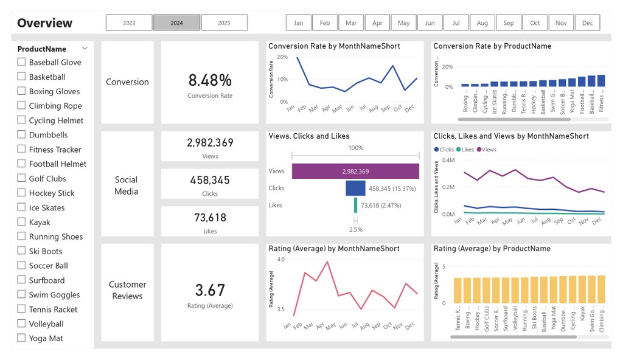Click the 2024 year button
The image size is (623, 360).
tap(176, 23)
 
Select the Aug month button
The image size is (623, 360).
tap(482, 23)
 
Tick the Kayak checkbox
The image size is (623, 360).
tap(22, 222)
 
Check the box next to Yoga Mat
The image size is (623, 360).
tap(22, 338)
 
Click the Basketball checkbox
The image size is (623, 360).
tap(22, 77)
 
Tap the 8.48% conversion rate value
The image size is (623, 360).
tap(210, 80)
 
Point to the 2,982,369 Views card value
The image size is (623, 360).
tap(210, 143)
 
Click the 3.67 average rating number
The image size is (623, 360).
tap(210, 290)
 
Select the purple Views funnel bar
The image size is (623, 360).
tap(355, 171)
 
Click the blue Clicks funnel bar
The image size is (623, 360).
tap(355, 189)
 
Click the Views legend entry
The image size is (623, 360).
tap(486, 149)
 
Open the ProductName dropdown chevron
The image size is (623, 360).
tap(85, 48)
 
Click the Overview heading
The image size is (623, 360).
tap(44, 23)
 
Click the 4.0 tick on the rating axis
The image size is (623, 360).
tap(280, 260)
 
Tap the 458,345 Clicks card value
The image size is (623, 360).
tap(210, 180)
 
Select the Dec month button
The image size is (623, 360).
tap(587, 23)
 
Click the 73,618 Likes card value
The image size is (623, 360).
tap(210, 218)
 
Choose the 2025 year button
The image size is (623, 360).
tap(224, 23)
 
